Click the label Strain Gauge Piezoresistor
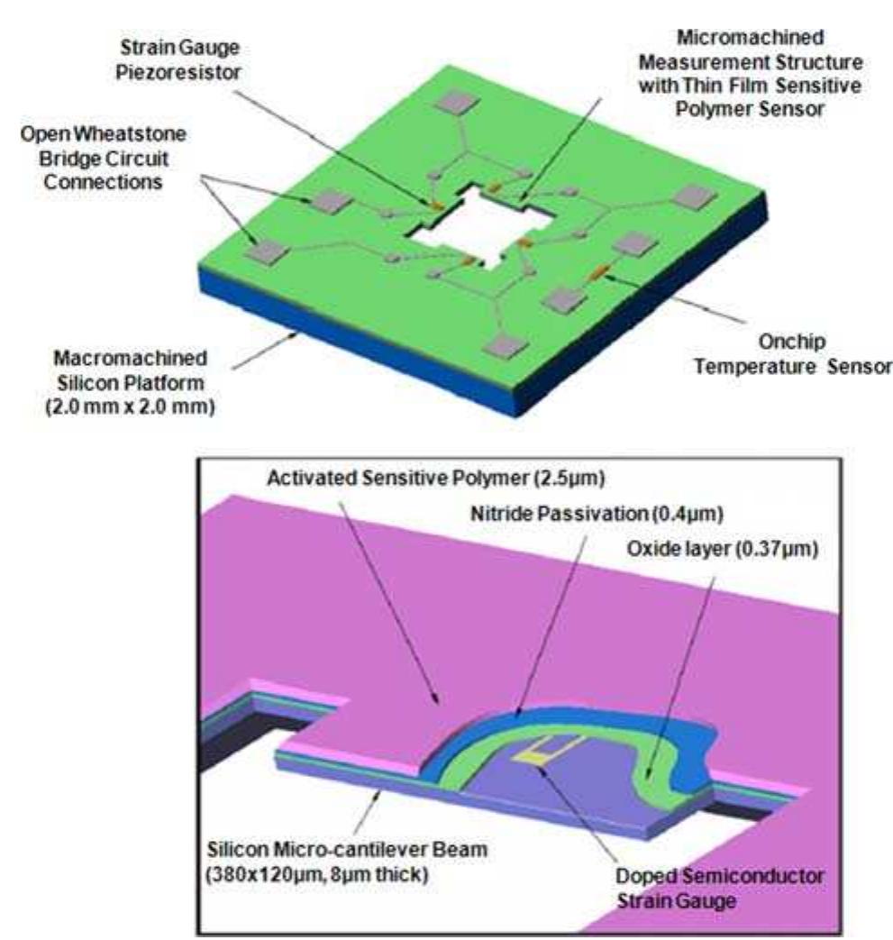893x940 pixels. pos(178,59)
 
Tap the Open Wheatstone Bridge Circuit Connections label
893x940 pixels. pos(103,158)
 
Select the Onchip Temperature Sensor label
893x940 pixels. pos(792,353)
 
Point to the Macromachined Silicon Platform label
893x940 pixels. pos(130,370)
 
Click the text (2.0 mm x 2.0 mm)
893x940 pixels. pos(130,406)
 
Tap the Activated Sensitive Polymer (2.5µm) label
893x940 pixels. pos(436,479)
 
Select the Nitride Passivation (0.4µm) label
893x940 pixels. pos(597,514)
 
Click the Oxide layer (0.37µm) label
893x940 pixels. pos(722,549)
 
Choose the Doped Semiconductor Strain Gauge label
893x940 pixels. pos(719,889)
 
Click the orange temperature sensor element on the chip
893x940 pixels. pos(597,273)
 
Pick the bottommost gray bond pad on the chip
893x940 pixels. pos(507,346)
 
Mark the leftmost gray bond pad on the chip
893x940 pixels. pos(267,251)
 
